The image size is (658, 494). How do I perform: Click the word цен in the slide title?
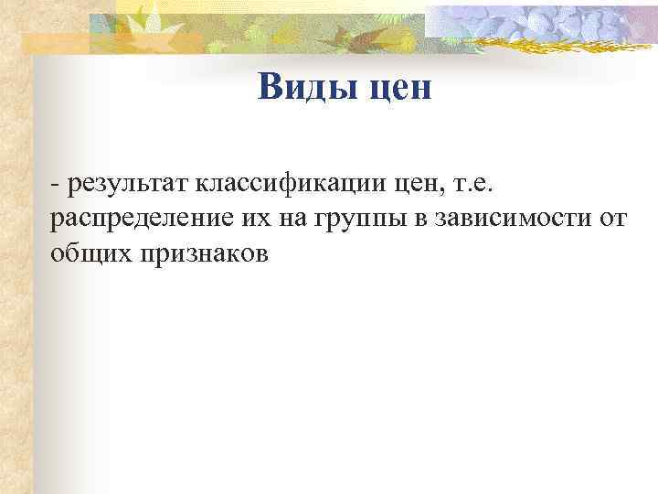[396, 89]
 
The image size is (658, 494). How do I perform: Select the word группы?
[345, 220]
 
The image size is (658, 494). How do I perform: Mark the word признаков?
[203, 253]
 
